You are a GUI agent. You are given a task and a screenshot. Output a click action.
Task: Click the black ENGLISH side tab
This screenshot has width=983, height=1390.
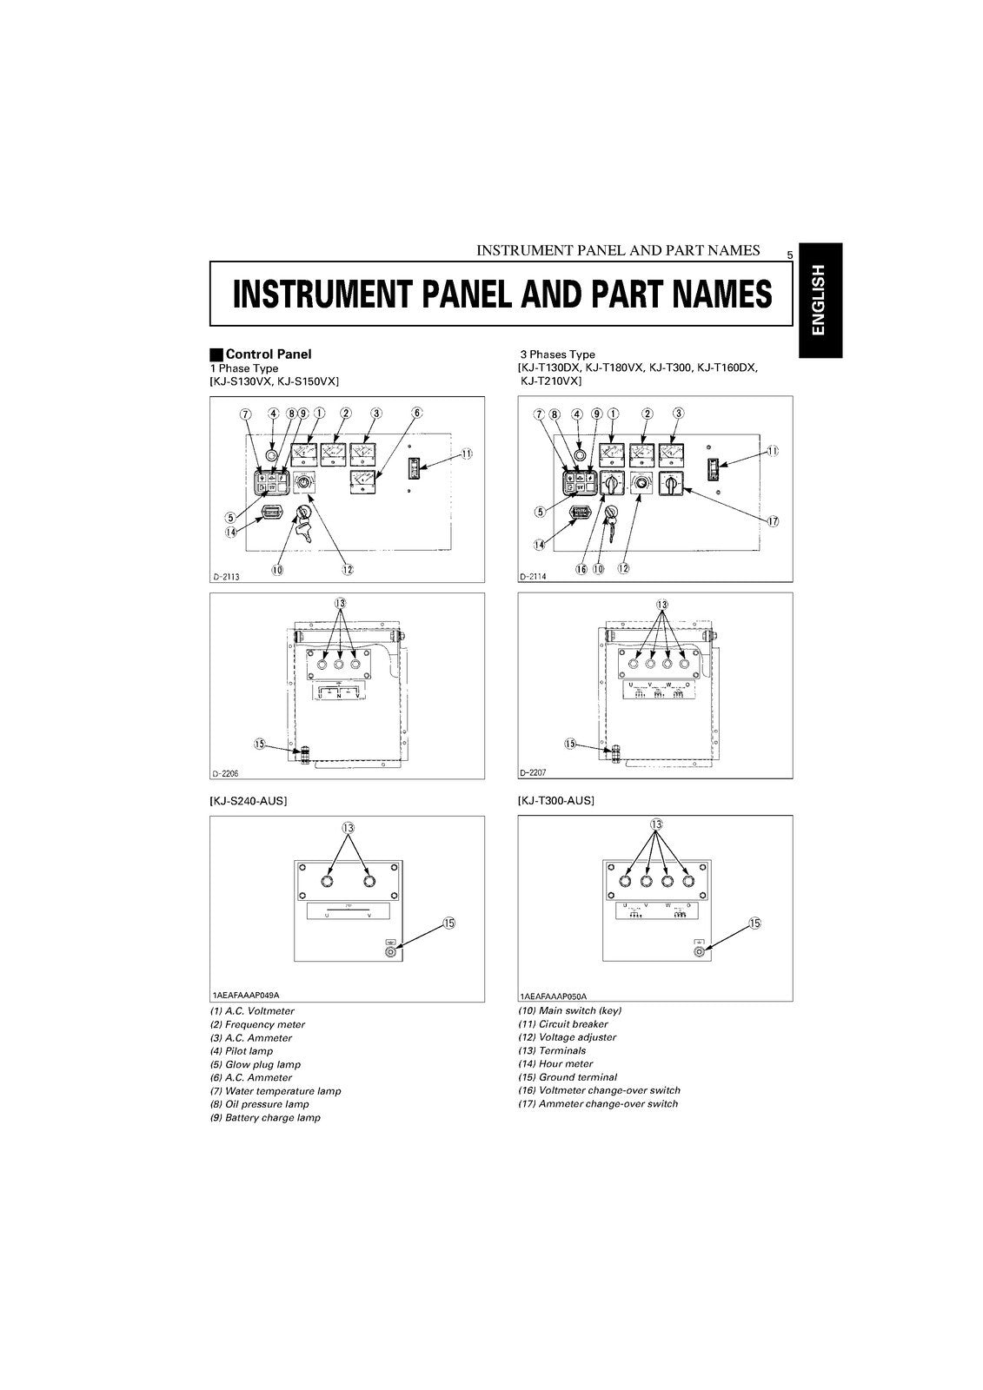click(x=820, y=301)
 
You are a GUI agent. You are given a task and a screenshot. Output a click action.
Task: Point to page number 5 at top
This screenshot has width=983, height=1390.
click(x=789, y=255)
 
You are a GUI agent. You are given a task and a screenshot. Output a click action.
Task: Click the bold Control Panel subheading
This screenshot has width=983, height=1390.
click(x=268, y=354)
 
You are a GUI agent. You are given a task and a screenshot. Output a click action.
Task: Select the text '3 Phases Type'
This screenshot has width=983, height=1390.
click(x=557, y=354)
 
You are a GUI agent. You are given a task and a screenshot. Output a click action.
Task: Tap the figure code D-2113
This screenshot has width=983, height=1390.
click(x=227, y=576)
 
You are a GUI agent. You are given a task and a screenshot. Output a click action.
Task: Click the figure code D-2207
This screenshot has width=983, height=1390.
click(x=534, y=772)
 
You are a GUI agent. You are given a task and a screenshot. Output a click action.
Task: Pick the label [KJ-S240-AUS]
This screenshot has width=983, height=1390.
click(x=248, y=801)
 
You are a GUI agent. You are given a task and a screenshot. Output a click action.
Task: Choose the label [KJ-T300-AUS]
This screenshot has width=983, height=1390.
click(x=555, y=801)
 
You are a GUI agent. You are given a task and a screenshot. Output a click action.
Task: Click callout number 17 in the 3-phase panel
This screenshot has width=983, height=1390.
click(x=773, y=521)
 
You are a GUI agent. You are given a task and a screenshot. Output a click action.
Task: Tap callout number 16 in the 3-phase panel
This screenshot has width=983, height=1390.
click(x=581, y=568)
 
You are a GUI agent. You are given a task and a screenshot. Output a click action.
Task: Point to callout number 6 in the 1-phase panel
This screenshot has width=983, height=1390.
click(x=417, y=413)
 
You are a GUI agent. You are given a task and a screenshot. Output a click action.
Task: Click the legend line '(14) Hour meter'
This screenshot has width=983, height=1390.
click(x=555, y=1064)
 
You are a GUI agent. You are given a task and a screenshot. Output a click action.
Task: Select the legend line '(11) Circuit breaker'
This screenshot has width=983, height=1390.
click(x=562, y=1024)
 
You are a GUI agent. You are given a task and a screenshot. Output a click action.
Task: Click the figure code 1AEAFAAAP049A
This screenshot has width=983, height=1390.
click(x=251, y=996)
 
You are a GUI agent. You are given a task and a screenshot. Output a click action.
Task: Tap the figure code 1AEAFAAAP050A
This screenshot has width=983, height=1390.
click(x=554, y=996)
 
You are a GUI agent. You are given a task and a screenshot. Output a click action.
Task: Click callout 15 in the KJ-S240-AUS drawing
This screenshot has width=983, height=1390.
click(x=448, y=923)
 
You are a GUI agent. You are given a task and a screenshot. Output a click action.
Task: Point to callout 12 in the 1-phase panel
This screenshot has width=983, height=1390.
click(x=347, y=570)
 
